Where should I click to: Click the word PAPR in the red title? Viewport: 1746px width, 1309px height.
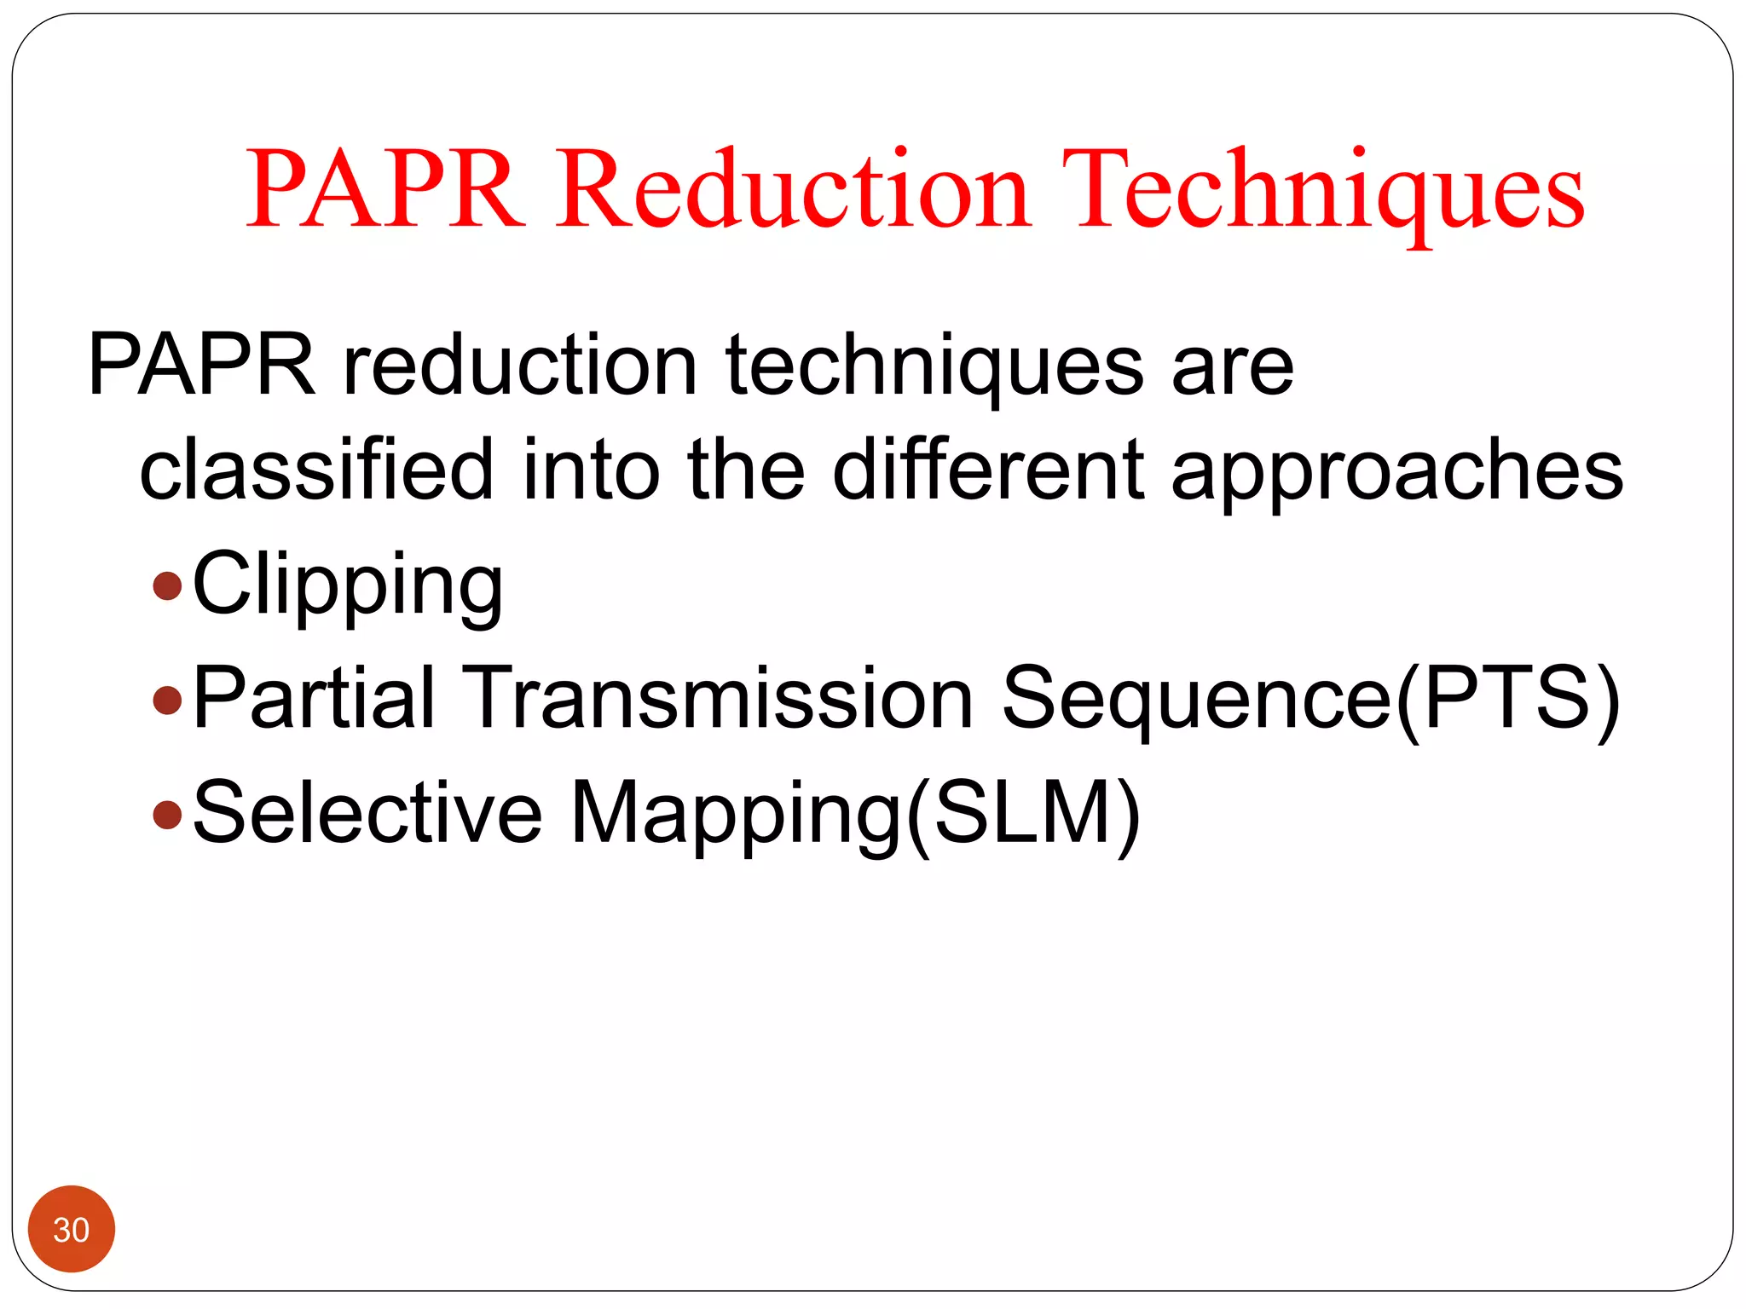(384, 189)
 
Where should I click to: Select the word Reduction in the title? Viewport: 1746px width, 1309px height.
(793, 189)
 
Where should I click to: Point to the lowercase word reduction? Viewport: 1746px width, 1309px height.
(520, 365)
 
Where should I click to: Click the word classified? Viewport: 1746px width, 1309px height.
(316, 469)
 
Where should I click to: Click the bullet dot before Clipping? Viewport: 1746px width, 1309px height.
(167, 586)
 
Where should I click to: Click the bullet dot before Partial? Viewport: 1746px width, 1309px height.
(167, 701)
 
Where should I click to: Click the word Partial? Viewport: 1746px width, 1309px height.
(315, 699)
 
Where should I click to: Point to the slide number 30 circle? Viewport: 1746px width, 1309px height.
(72, 1229)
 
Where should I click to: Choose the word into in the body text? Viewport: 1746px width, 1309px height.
(591, 469)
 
